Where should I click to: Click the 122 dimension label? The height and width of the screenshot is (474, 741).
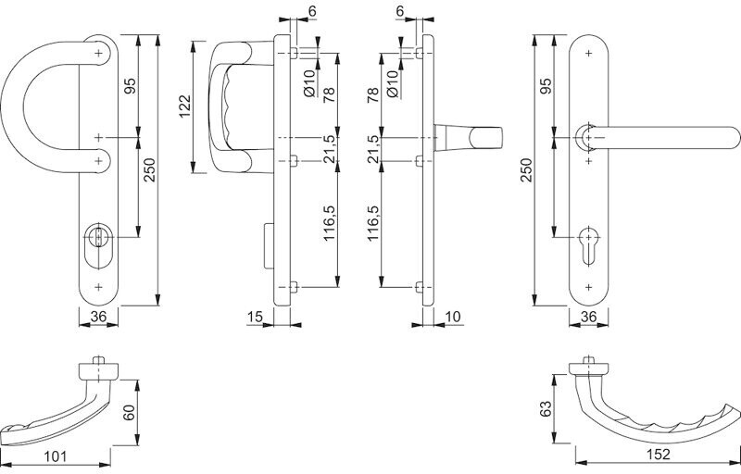184,106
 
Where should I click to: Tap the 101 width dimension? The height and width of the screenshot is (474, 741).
56,456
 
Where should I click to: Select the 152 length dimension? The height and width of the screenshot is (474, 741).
658,455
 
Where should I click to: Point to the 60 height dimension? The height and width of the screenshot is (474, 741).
129,412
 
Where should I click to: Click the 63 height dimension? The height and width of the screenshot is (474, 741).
546,409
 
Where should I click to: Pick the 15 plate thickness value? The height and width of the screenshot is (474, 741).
255,317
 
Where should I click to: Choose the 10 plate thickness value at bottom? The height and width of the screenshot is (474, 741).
453,317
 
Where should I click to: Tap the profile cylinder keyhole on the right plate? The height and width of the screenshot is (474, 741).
588,245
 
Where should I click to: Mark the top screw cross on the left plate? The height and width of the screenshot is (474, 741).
99,54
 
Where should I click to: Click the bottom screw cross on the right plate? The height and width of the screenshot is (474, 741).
588,287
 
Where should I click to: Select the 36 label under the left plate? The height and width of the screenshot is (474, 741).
98,317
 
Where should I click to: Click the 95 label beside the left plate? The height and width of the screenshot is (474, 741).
131,85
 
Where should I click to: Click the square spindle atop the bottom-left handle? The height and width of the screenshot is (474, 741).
98,360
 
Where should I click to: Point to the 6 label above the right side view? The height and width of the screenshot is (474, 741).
400,11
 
